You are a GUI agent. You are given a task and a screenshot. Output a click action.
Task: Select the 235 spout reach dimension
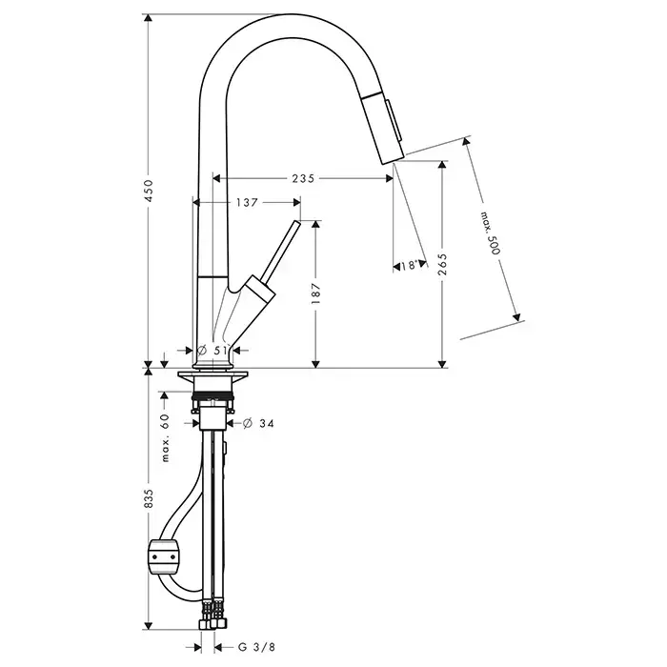(x=303, y=178)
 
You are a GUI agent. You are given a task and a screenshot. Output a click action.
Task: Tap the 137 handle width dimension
(x=247, y=202)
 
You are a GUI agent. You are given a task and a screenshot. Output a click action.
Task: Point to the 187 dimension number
(x=315, y=293)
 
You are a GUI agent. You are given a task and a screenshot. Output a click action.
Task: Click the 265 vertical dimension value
(x=443, y=264)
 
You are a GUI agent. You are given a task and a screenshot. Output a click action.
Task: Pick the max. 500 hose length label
(x=491, y=233)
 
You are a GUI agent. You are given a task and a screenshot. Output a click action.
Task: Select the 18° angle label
(x=409, y=266)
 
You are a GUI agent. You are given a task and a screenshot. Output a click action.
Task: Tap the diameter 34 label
(x=258, y=423)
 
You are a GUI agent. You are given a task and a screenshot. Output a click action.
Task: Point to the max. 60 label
(x=165, y=437)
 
